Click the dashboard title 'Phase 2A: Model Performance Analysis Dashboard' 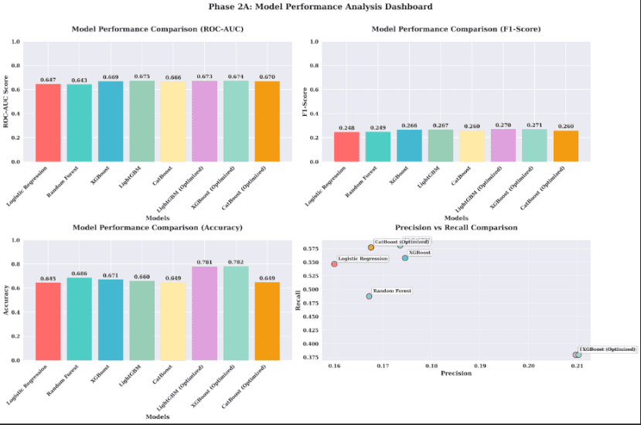tap(320, 7)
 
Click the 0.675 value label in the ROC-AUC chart tap(141, 76)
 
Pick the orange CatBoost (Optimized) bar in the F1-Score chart tap(565, 146)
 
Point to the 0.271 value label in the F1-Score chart tap(534, 124)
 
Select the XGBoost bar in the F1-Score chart tap(409, 145)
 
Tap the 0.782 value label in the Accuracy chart tap(236, 261)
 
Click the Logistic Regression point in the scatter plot tap(334, 264)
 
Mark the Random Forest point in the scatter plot tap(369, 296)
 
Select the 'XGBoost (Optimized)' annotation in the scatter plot tap(608, 349)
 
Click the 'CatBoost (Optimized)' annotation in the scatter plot tap(401, 242)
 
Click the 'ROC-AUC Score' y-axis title tap(7, 101)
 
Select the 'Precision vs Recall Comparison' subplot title tap(455, 228)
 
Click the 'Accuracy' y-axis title tap(7, 300)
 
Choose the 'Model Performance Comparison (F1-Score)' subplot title tap(455, 29)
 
